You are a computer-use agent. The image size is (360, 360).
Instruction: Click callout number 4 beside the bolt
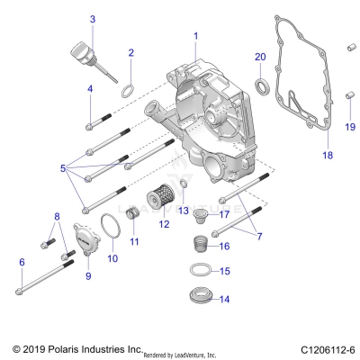coord(90,88)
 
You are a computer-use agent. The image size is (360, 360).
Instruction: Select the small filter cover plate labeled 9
coord(85,244)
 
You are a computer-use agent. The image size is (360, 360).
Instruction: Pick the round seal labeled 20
coord(261,86)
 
